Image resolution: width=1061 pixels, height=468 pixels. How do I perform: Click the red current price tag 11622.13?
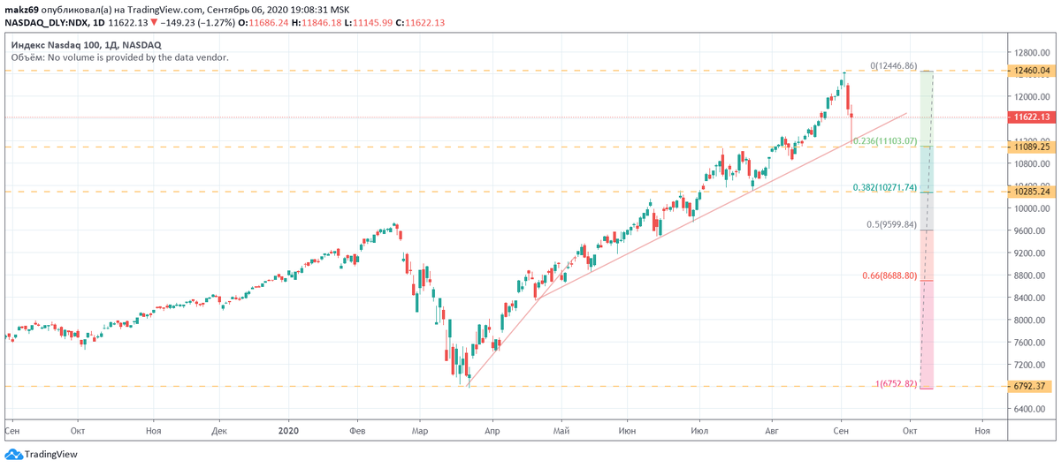click(x=1032, y=117)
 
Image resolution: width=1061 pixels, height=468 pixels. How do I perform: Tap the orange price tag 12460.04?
click(x=1032, y=71)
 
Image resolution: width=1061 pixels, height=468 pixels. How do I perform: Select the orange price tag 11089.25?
click(x=1032, y=147)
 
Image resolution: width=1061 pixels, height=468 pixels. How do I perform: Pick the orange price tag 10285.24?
click(x=1032, y=192)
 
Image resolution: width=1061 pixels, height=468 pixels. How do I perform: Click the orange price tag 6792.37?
click(x=1032, y=386)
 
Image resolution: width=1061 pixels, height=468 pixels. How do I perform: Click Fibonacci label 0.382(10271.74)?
click(x=884, y=187)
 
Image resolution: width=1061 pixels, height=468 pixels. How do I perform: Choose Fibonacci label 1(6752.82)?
click(x=896, y=383)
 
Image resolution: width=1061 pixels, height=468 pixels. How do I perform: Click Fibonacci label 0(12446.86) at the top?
click(x=893, y=65)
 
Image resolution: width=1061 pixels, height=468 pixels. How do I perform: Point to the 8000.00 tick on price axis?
click(x=1032, y=320)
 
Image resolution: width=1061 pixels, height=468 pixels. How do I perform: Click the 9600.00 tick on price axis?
click(x=1032, y=230)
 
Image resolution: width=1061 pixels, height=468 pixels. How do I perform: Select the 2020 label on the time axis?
click(x=289, y=430)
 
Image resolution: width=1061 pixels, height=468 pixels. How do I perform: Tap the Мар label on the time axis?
click(x=420, y=430)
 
